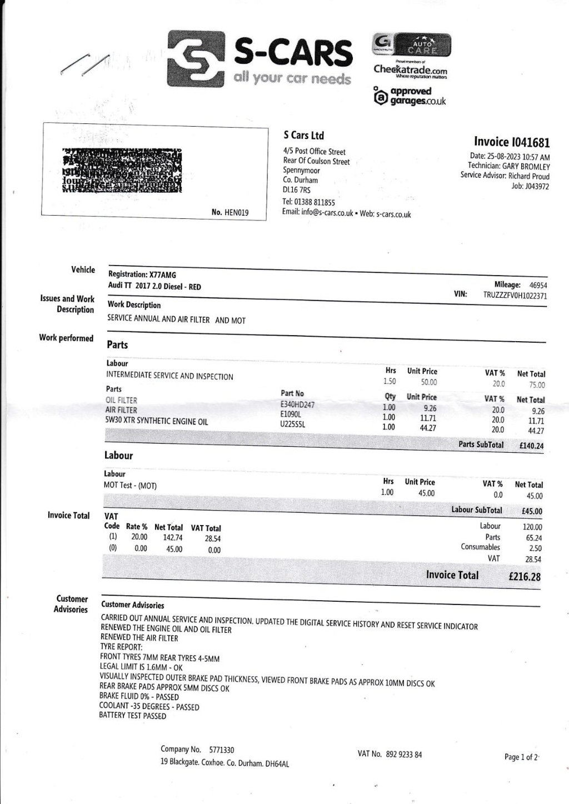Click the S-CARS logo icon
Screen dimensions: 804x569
pos(195,59)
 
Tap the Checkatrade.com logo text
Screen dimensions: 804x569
pos(410,70)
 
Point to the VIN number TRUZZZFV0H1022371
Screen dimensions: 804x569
pos(515,296)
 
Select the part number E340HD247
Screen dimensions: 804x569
pos(298,405)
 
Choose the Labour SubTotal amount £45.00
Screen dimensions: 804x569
pos(531,511)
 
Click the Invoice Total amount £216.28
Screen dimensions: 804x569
pos(524,577)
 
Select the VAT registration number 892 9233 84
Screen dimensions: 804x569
pos(405,755)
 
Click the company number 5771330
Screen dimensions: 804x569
pos(222,750)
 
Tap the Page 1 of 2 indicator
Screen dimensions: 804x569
pos(521,757)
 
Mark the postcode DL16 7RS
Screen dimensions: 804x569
pos(297,190)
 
